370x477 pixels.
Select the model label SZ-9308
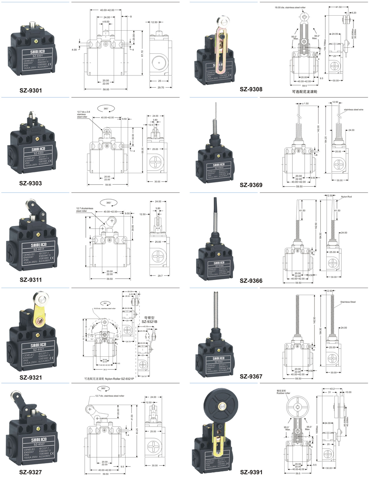tap(251, 89)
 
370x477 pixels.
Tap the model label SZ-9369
tap(251, 185)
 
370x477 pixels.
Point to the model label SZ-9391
tap(251, 472)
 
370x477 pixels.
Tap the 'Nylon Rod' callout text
tap(347, 196)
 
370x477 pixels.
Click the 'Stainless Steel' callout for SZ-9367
tap(348, 302)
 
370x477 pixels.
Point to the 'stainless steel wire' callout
tap(353, 110)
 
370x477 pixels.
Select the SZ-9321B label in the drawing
tap(150, 321)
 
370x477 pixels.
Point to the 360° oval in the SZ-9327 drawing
tap(104, 388)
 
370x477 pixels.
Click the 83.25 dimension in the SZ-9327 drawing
tap(137, 434)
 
